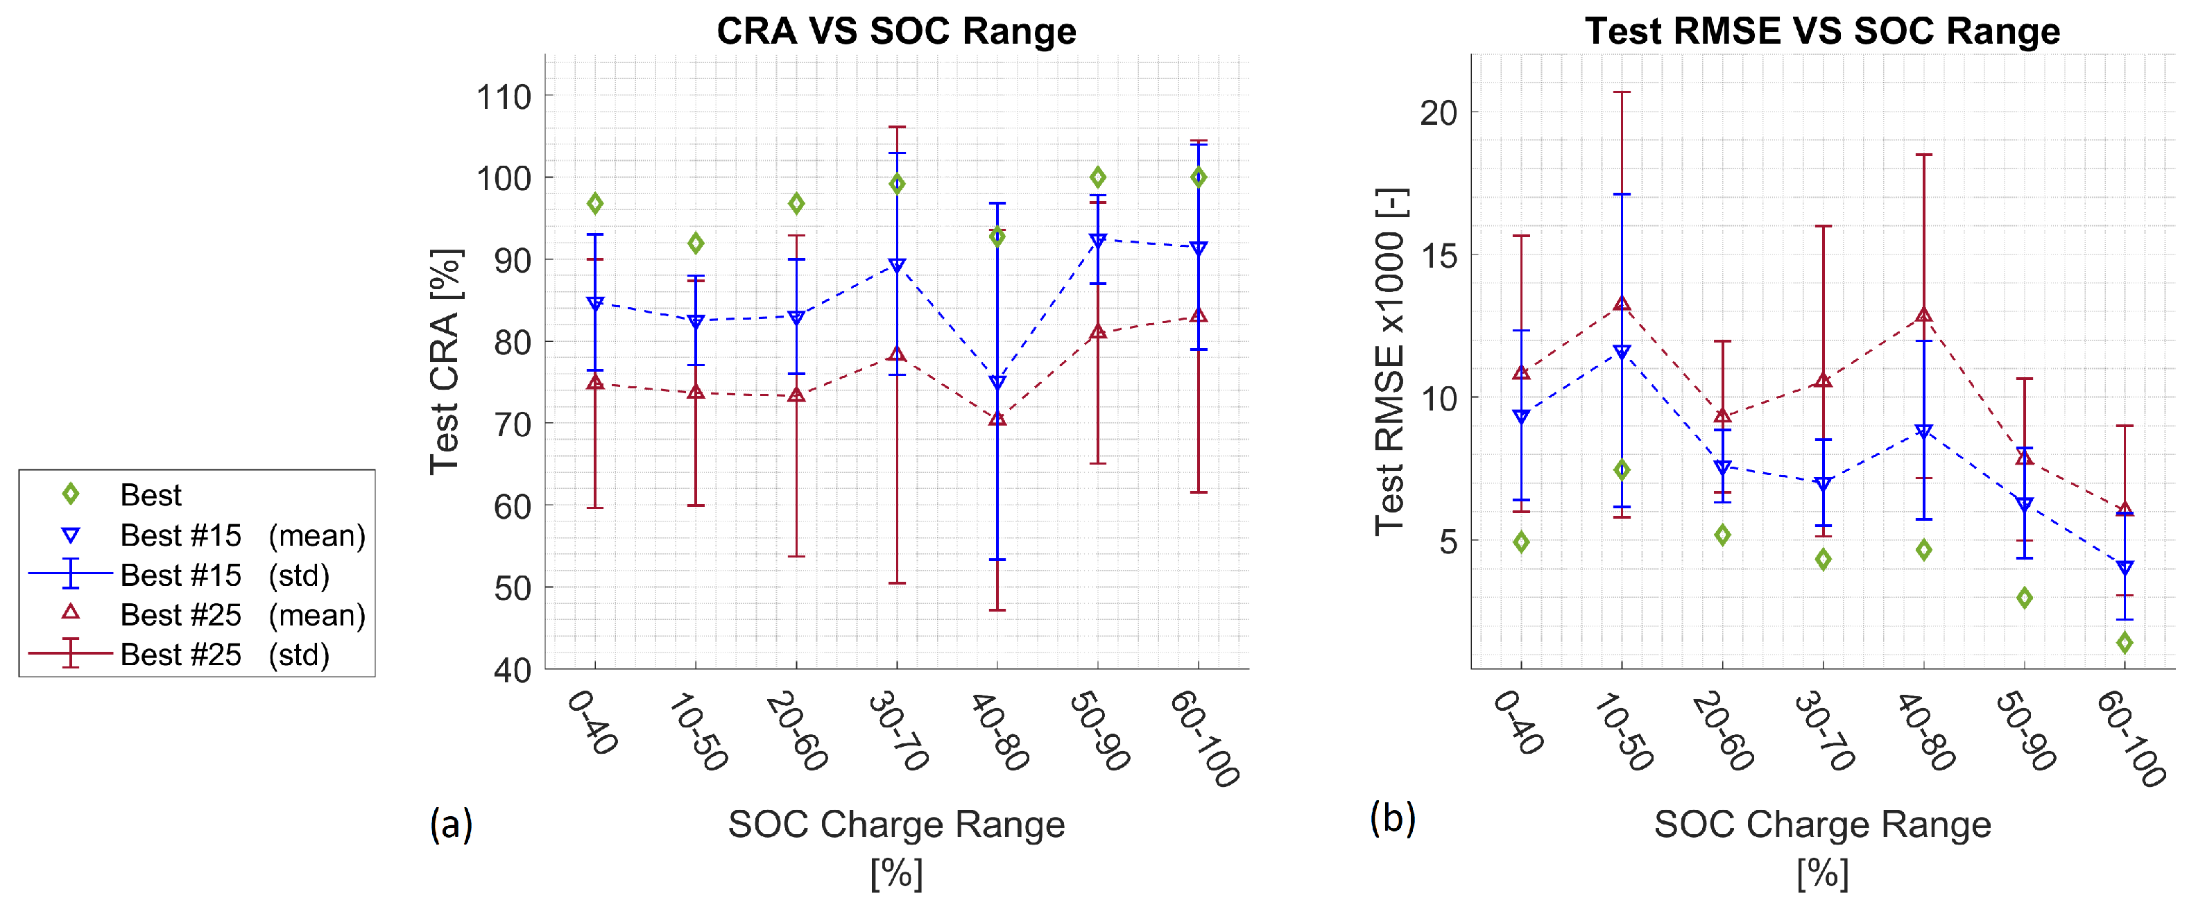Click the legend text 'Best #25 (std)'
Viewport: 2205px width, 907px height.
[224, 655]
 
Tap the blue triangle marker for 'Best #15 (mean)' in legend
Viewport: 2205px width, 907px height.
[71, 535]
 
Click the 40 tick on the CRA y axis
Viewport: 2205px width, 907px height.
[512, 670]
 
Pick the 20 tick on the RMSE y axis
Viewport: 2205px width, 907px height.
[1438, 112]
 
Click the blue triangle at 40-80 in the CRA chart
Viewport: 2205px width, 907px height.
[997, 383]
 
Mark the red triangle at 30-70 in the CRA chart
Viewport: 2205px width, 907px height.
[897, 354]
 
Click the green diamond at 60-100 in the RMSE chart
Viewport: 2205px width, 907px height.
[2125, 643]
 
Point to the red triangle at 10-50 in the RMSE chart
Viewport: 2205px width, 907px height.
[1621, 304]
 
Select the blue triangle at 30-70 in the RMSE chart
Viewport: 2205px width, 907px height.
[1824, 484]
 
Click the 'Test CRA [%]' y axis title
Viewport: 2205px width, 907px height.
[445, 361]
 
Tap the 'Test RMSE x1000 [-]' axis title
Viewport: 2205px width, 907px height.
[1389, 361]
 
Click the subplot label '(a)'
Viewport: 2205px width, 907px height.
[451, 824]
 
